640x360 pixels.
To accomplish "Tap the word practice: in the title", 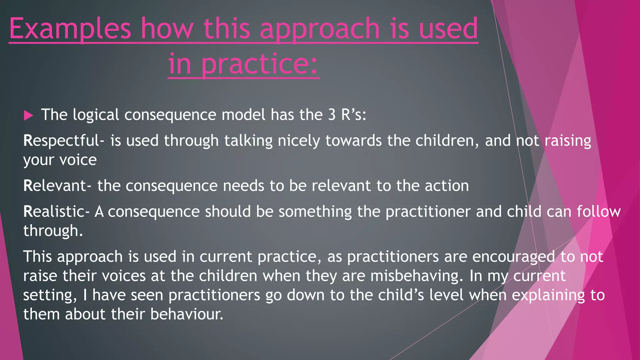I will [259, 64].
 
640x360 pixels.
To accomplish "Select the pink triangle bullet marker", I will [28, 116].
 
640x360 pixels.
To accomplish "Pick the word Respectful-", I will [64, 141].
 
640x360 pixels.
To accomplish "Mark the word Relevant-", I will [57, 186].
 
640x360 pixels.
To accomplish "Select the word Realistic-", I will [56, 212].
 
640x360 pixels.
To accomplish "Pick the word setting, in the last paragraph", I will [50, 295].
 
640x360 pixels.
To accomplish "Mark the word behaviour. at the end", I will [187, 314].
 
